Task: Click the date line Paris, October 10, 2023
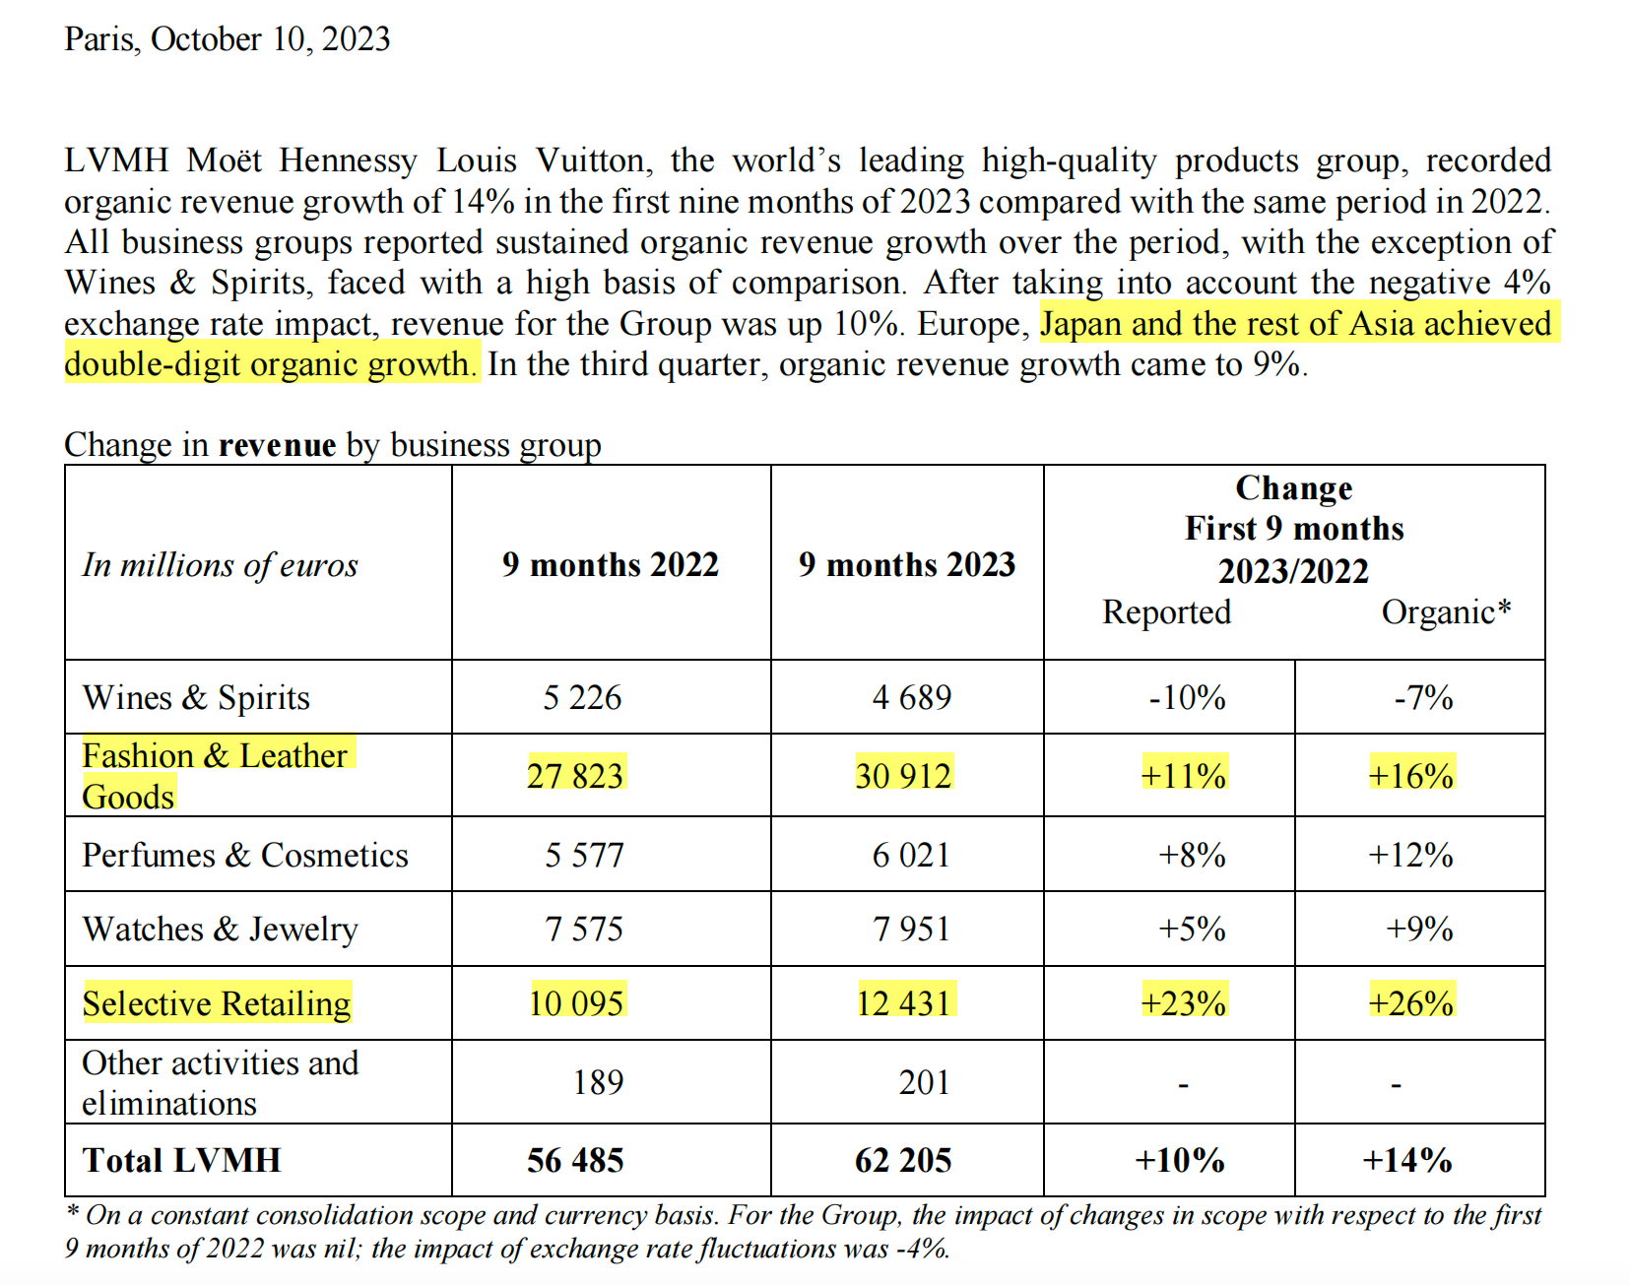[x=227, y=39]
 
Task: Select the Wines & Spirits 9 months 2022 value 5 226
[x=582, y=697]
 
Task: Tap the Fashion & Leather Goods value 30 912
[x=903, y=776]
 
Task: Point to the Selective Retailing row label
[x=217, y=1003]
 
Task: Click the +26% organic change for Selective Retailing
[x=1410, y=1003]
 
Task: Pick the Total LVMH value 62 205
[x=903, y=1160]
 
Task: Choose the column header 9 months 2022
[x=610, y=564]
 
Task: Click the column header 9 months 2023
[x=906, y=564]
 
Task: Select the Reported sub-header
[x=1166, y=611]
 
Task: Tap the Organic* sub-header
[x=1445, y=611]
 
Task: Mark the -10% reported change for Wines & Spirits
[x=1187, y=697]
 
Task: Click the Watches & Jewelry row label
[x=220, y=929]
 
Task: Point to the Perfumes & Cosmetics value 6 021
[x=911, y=855]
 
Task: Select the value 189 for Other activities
[x=598, y=1082]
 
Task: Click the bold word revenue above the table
[x=277, y=445]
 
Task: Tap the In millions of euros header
[x=220, y=564]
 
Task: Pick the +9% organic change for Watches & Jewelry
[x=1419, y=929]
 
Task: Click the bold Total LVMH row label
[x=181, y=1160]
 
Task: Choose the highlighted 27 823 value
[x=575, y=776]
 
